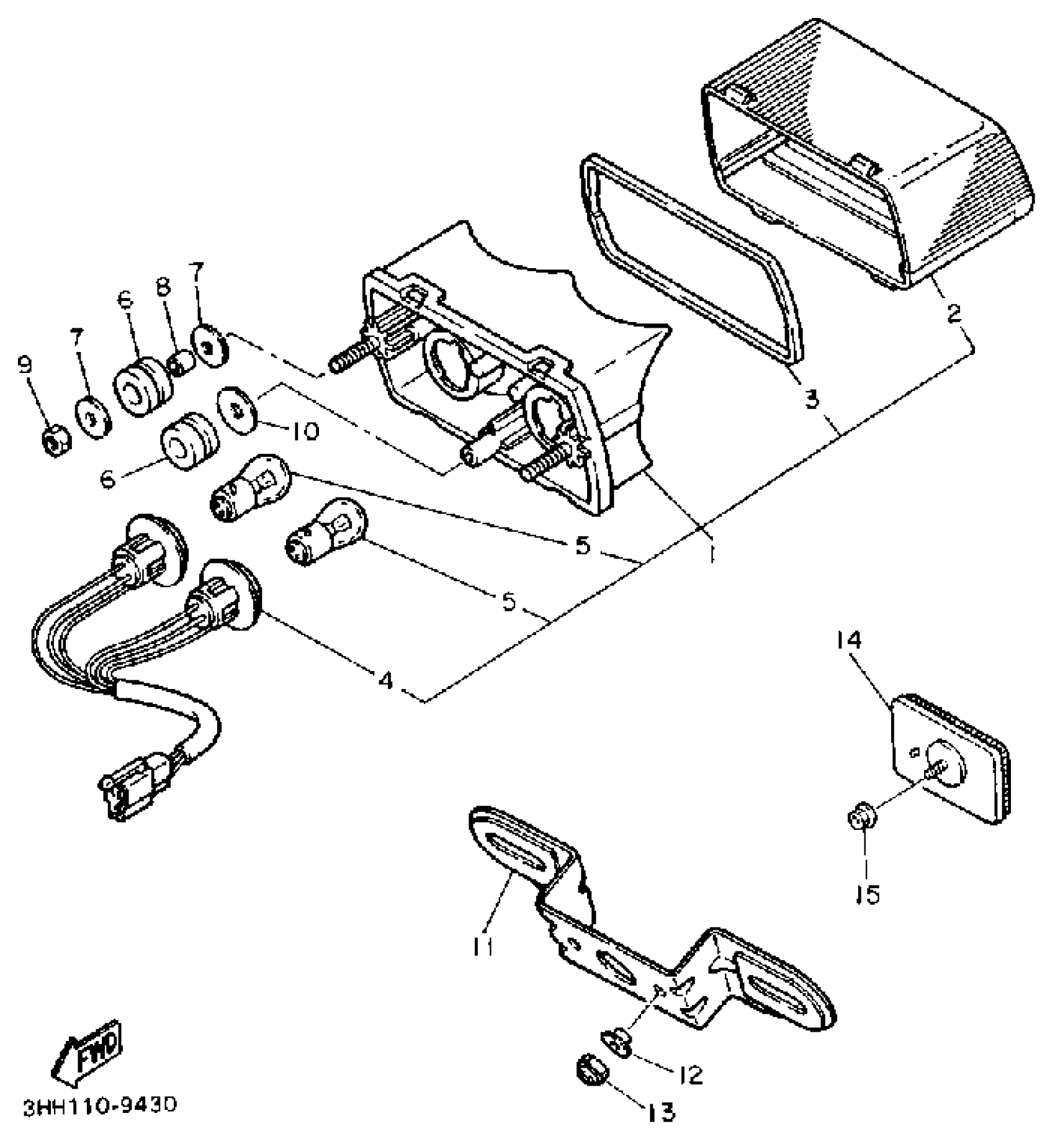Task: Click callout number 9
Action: tap(25, 366)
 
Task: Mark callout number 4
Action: tap(385, 680)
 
